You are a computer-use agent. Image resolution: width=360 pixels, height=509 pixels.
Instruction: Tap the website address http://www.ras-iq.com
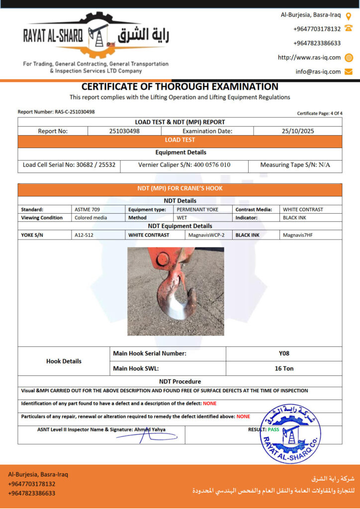pos(309,58)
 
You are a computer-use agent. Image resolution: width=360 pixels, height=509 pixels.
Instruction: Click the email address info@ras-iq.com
pos(318,72)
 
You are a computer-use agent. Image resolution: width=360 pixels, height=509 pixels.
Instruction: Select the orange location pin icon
pos(349,15)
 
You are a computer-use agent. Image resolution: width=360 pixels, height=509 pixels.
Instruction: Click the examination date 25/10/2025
pos(297,131)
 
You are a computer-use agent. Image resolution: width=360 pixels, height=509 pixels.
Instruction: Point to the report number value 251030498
pos(124,131)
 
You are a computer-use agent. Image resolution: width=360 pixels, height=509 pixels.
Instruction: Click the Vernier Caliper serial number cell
pos(184,165)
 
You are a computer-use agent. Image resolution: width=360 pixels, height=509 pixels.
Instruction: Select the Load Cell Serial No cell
pos(69,165)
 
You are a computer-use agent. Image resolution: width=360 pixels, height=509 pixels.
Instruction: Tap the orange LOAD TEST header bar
pos(180,140)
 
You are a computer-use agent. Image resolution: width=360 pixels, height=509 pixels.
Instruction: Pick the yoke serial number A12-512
pos(84,235)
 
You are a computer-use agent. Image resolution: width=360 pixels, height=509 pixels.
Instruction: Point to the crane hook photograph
pos(176,291)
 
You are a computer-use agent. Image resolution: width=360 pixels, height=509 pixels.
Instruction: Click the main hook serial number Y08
pos(284,353)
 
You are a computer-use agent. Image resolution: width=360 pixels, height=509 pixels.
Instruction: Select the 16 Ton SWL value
pos(284,368)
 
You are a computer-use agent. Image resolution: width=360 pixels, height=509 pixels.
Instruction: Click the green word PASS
pos(273,429)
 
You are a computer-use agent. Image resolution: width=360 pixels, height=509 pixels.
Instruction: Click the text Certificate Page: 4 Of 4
pos(320,113)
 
